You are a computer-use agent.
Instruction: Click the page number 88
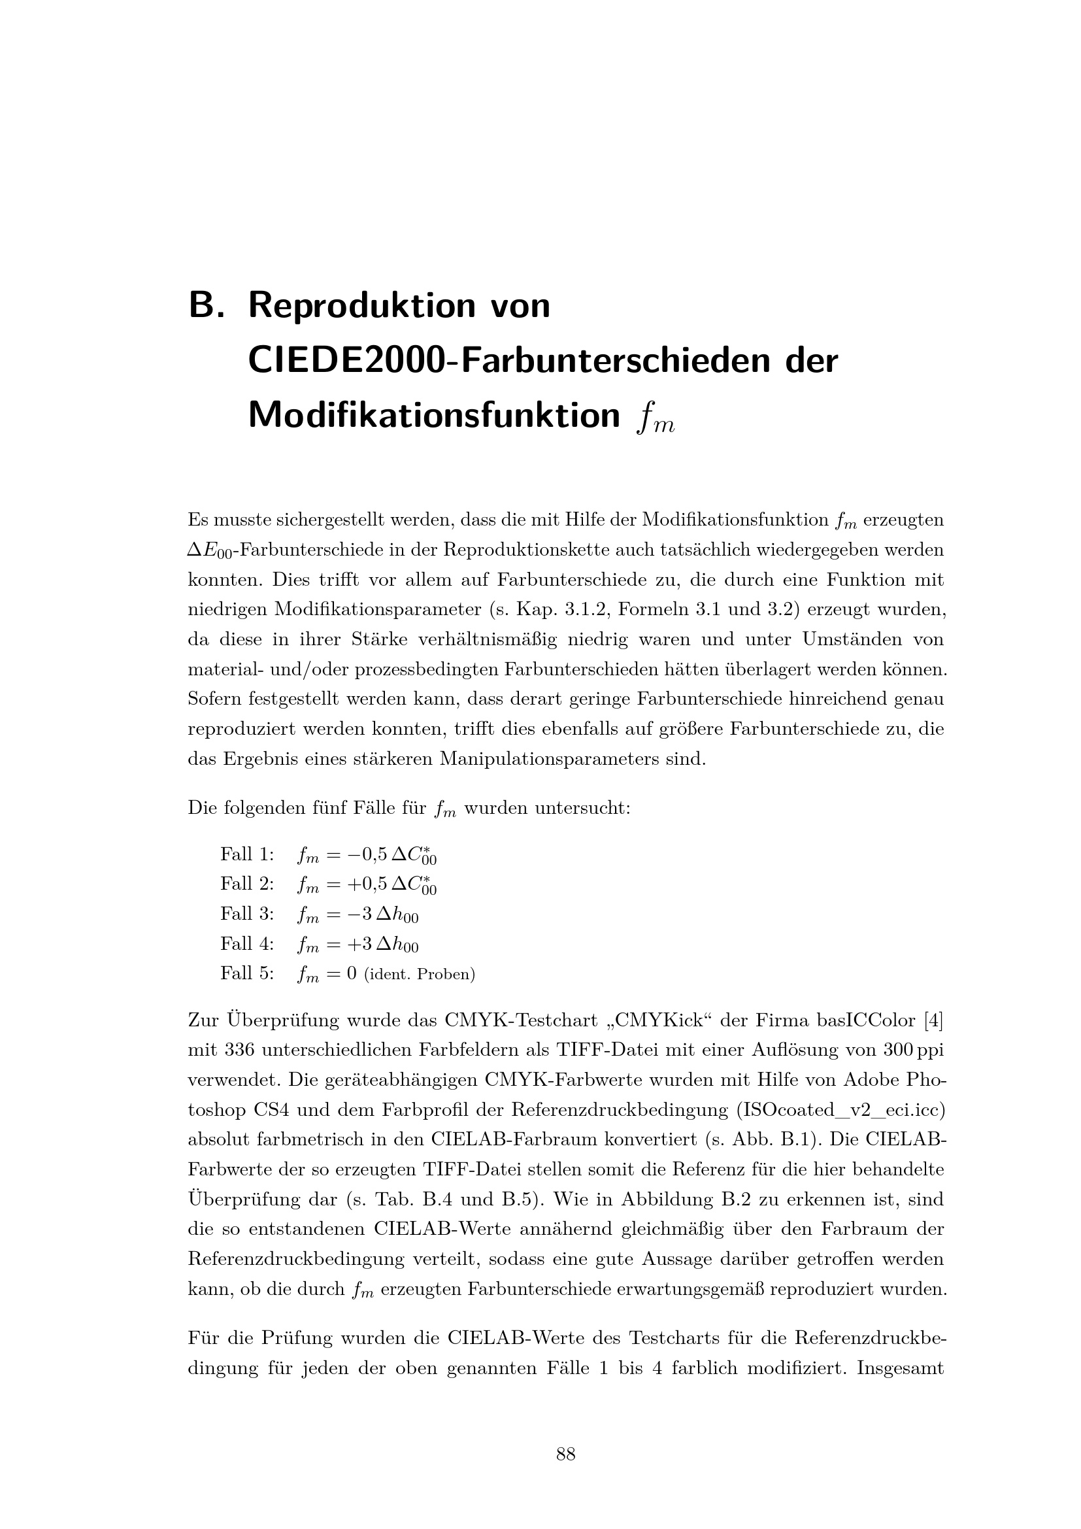566,1454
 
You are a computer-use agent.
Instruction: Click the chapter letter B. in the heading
209,306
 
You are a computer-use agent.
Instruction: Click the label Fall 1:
247,854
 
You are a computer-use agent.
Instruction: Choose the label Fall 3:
247,914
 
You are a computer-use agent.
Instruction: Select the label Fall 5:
247,973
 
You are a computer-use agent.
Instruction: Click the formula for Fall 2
367,885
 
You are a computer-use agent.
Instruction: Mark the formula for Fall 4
358,945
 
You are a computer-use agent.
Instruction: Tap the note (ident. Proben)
420,974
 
